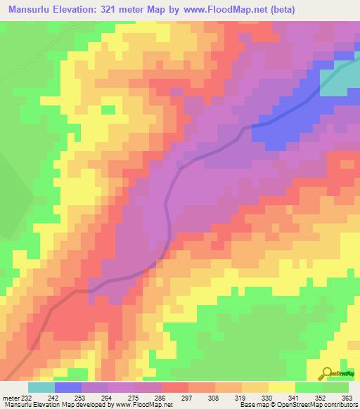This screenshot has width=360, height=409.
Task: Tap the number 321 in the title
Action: pos(115,9)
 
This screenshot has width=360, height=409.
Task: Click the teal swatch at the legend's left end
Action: pos(41,387)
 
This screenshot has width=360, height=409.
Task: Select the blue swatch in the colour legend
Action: pos(68,387)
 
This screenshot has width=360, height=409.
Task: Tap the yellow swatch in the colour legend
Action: pos(282,387)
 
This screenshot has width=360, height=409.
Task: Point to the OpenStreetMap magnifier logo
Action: pos(326,373)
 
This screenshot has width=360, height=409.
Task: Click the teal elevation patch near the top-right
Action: pos(343,79)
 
